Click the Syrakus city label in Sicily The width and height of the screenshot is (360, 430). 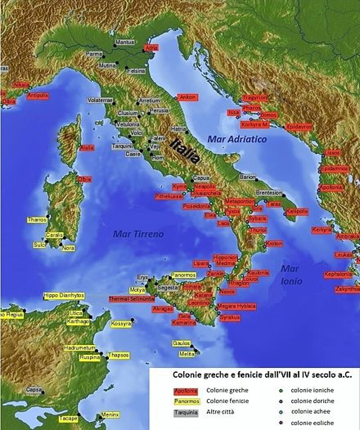pos(230,318)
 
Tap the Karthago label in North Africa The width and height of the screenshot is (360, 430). pos(78,322)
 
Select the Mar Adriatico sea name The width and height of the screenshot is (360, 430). pos(237,139)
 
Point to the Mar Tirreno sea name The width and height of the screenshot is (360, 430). pos(138,234)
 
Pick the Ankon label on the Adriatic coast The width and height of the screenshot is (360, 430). pos(188,97)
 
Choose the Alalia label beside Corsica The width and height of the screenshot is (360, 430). pos(87,148)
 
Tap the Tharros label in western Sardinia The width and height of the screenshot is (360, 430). pos(37,219)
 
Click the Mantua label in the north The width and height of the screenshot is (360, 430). pos(125,42)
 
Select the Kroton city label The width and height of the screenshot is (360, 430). pos(274,244)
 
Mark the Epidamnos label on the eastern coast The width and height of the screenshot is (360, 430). pos(335,168)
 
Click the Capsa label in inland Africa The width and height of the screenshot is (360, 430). pos(34,390)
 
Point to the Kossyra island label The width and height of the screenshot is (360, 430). pos(121,324)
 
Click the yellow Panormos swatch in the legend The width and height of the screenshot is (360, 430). pos(186,401)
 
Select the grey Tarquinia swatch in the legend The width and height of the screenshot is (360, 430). pos(186,412)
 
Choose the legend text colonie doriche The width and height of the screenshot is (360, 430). pos(312,401)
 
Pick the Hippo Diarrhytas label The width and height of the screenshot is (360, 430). pos(64,296)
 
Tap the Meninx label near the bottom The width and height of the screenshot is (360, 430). pos(110,415)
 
